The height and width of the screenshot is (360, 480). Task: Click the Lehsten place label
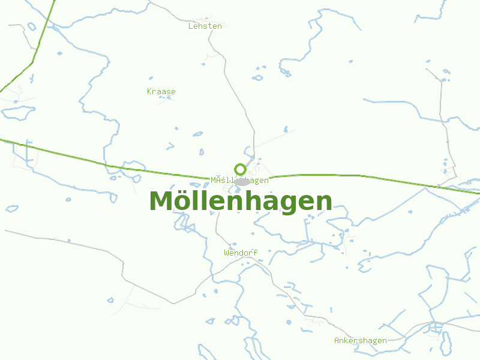coord(205,26)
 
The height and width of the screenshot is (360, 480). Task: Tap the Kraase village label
coord(161,91)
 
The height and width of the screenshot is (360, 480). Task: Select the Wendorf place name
coord(241,253)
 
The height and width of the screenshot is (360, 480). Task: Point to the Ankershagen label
coord(361,340)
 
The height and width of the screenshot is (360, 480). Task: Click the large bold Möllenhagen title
coord(241,201)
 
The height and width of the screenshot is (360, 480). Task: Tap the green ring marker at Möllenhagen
coord(240,169)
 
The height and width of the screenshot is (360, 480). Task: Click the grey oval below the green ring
coord(242,182)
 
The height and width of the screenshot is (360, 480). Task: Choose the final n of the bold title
coord(323,202)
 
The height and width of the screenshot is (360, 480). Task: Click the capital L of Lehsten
coord(191,26)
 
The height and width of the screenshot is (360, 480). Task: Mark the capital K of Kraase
coord(149,91)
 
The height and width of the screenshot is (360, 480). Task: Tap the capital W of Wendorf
coord(227,253)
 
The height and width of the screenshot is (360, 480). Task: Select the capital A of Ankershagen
coord(337,340)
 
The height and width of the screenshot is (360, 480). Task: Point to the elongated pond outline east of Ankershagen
coord(445,342)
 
